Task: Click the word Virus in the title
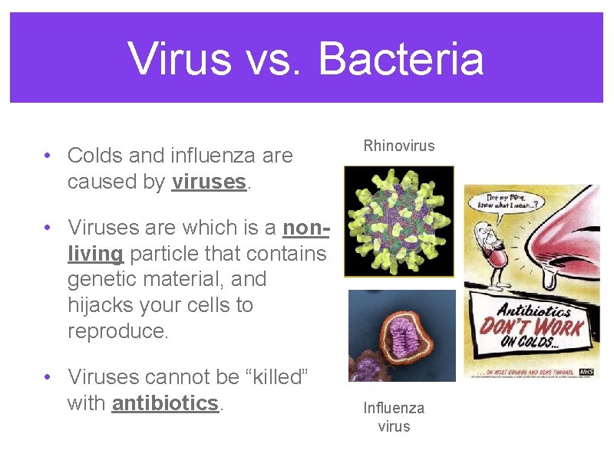(179, 58)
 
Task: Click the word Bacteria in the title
(401, 58)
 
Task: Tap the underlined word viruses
(209, 182)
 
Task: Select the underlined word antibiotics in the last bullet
(165, 402)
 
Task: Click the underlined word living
(95, 253)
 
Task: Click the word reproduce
(116, 331)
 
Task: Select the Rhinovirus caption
(399, 146)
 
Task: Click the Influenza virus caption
(394, 417)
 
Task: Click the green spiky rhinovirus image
(398, 221)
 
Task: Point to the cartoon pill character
(492, 245)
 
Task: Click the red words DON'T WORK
(532, 329)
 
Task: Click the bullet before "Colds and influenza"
(47, 156)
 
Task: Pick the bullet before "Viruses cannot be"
(47, 377)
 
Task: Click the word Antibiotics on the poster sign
(534, 310)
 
